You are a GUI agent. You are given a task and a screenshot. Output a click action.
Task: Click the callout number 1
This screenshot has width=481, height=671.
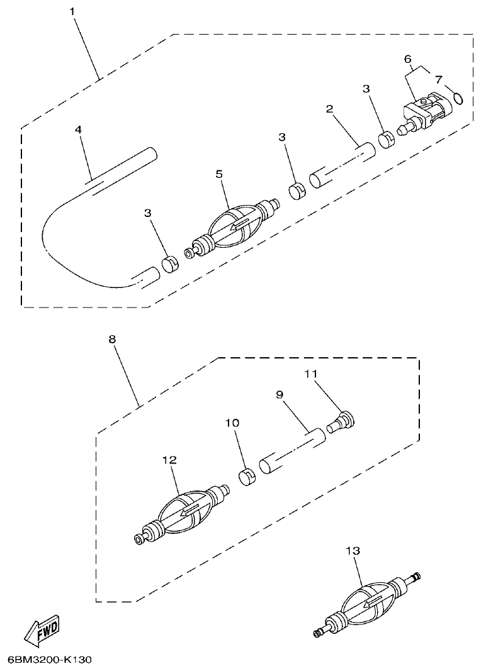tap(73, 13)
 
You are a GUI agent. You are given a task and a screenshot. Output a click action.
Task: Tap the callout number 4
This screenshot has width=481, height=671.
tap(78, 129)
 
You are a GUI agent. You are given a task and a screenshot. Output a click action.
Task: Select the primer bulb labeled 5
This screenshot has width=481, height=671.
tap(234, 226)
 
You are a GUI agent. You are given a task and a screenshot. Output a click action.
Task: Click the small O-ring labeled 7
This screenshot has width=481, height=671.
tap(458, 97)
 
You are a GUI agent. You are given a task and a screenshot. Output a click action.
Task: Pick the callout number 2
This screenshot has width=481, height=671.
tap(329, 109)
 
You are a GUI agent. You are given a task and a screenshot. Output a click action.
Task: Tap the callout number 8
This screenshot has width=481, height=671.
tap(112, 339)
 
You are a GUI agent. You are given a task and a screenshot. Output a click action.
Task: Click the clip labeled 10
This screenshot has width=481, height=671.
tap(247, 475)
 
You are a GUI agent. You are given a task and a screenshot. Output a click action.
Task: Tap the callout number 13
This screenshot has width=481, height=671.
tap(353, 550)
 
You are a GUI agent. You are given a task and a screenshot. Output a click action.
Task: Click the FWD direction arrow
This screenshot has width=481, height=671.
tap(41, 629)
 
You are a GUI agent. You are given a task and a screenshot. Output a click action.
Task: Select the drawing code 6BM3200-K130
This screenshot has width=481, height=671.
tap(50, 660)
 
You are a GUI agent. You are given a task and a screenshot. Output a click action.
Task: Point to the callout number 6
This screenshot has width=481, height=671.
tap(408, 58)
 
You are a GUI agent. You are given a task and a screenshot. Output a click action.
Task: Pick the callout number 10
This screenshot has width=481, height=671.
tap(232, 423)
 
